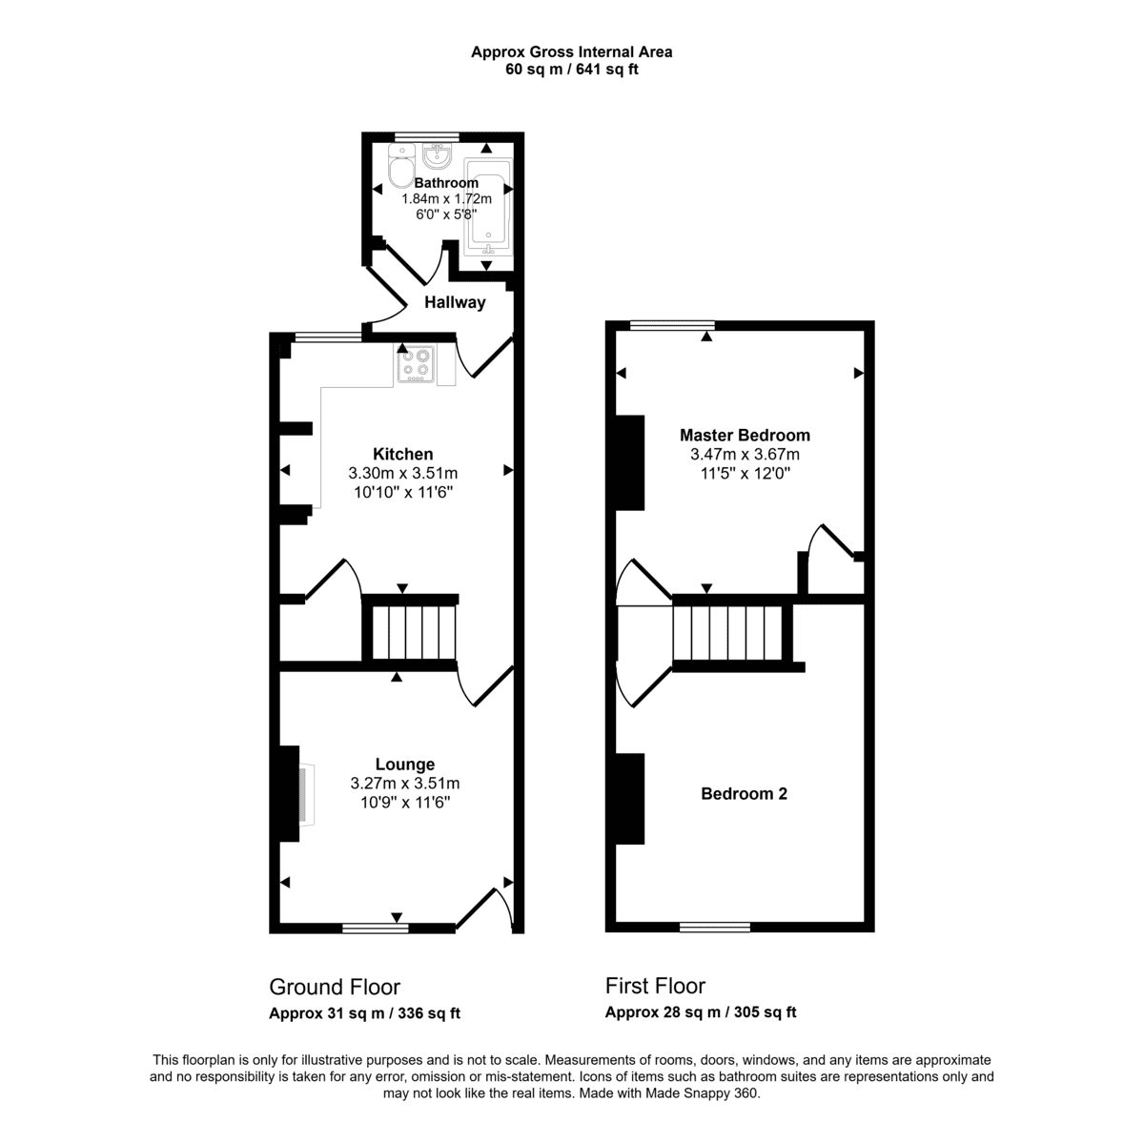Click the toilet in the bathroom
402,165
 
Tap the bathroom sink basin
438,155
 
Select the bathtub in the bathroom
488,207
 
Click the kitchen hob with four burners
416,364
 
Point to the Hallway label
455,302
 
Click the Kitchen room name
402,455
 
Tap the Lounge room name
405,765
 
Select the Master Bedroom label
745,436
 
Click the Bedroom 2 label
744,794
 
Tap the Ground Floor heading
335,987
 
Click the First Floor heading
655,986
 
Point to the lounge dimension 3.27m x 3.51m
405,784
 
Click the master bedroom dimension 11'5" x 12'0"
745,473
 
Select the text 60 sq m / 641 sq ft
571,70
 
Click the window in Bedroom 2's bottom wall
715,927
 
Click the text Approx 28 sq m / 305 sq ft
701,1012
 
